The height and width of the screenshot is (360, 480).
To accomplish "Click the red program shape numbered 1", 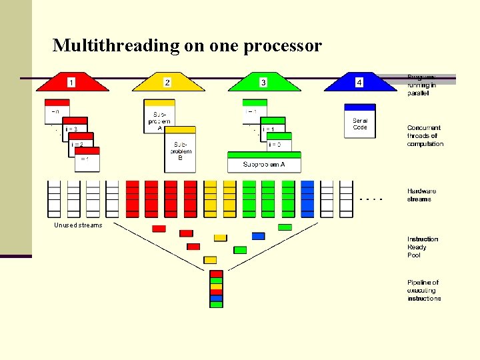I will [x=71, y=83].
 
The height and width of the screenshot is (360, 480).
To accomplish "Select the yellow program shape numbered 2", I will [x=168, y=83].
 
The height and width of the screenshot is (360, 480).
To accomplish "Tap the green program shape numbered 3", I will [x=263, y=83].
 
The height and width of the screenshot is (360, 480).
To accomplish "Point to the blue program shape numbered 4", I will [x=359, y=83].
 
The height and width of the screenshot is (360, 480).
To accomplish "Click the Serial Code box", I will [x=359, y=121].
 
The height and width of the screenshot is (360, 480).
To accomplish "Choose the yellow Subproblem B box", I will [x=180, y=149].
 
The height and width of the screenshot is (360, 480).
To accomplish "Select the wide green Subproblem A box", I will [x=264, y=163].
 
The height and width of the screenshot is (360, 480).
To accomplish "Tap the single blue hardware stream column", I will [x=307, y=199].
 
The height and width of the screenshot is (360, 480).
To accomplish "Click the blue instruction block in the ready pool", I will [x=258, y=236].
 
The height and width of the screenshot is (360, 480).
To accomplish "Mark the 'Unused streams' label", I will [x=78, y=225].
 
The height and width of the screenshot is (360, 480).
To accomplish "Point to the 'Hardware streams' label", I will [x=421, y=195].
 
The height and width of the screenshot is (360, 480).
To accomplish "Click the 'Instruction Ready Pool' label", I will [x=423, y=247].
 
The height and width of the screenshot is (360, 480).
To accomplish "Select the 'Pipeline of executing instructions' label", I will [x=424, y=291].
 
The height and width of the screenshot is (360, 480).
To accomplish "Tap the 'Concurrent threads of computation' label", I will [x=425, y=135].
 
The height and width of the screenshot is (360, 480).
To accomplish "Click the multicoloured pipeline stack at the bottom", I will [x=216, y=289].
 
